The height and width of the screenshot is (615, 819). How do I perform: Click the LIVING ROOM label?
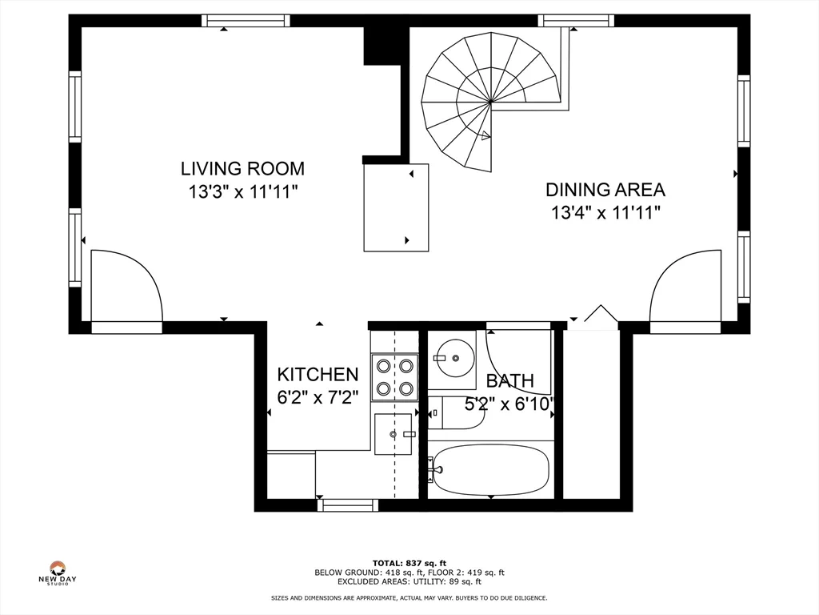(x=242, y=168)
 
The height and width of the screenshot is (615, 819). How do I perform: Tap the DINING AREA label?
(x=605, y=189)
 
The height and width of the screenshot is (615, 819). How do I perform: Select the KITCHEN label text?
(x=318, y=375)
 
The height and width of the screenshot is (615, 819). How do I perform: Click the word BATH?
(x=510, y=380)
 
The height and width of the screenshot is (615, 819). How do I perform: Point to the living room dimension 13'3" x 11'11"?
(x=243, y=192)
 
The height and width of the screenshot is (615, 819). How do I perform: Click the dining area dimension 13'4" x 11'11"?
(x=606, y=213)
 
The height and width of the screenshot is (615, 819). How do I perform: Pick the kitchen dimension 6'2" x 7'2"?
(x=318, y=398)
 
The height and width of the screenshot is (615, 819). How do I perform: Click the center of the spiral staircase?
(x=491, y=102)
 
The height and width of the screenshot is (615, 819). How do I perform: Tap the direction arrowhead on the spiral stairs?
(x=485, y=135)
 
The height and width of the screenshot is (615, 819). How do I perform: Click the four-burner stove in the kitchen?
(x=395, y=378)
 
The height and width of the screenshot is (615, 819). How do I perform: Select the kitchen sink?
(x=394, y=434)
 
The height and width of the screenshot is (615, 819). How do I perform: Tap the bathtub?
(x=491, y=470)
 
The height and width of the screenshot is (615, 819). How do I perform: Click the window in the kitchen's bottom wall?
(x=348, y=505)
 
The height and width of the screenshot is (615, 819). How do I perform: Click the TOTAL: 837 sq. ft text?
(x=409, y=563)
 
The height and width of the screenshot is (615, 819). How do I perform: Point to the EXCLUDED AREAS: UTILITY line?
(x=409, y=581)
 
